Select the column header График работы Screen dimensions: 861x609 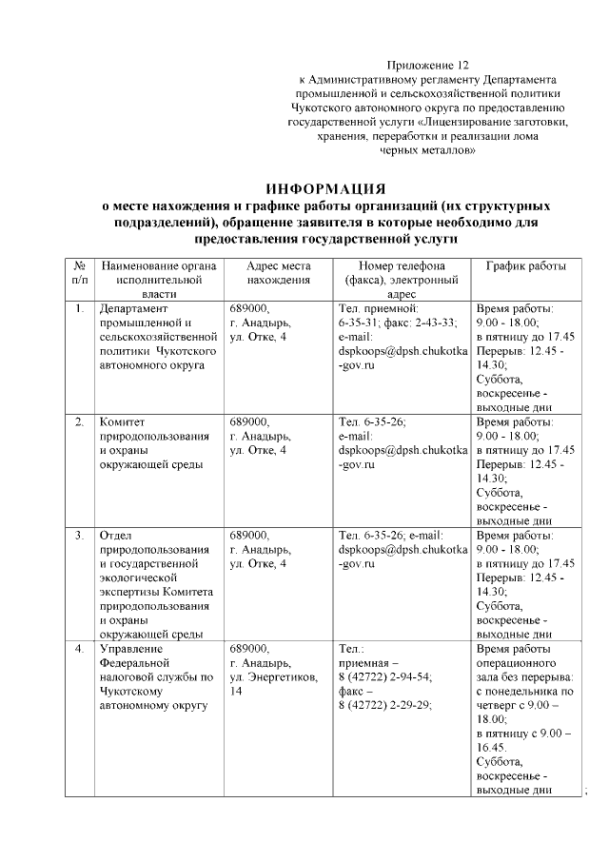click(x=526, y=266)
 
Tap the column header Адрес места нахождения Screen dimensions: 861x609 click(x=278, y=274)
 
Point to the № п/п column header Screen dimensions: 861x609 click(x=80, y=274)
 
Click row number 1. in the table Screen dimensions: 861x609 click(x=79, y=309)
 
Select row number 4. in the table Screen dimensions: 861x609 click(x=79, y=649)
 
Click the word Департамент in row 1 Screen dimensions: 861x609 click(x=134, y=309)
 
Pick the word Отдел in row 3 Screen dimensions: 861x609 click(x=116, y=536)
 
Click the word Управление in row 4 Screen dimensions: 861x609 click(x=132, y=649)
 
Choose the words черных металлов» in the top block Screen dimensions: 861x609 click(x=421, y=150)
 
